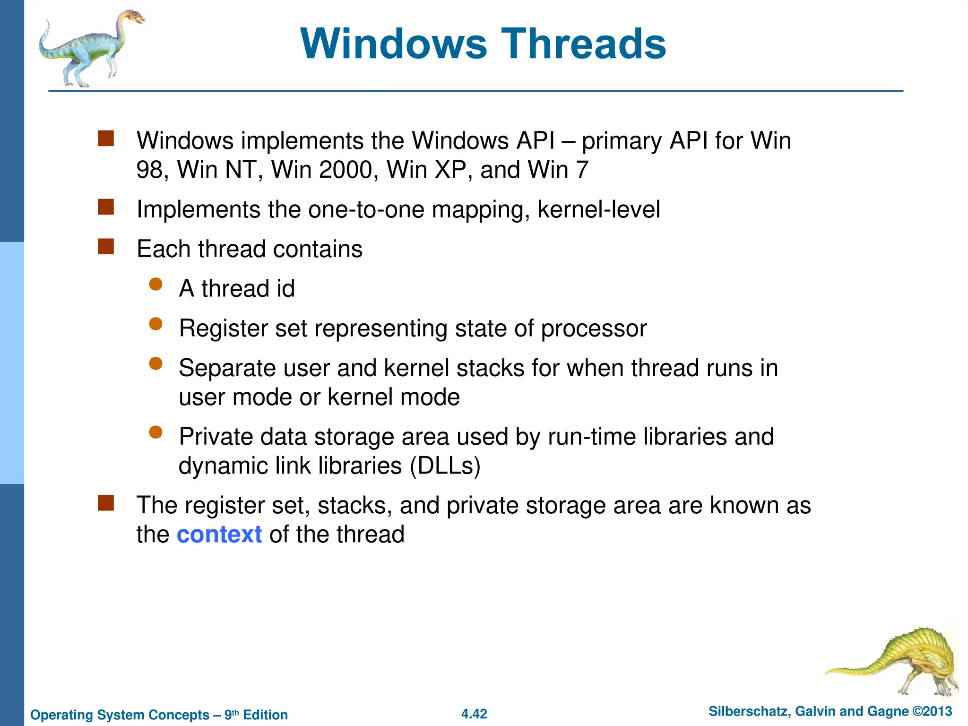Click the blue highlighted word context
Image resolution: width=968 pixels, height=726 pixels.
click(219, 535)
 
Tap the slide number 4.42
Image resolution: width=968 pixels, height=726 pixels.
click(474, 714)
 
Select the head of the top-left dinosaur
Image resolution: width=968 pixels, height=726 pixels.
click(134, 18)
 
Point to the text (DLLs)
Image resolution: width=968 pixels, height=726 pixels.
click(445, 466)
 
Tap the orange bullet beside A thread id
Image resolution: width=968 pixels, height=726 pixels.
click(156, 284)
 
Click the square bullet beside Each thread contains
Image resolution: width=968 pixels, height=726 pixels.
click(106, 246)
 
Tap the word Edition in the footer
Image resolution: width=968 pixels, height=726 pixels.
click(265, 715)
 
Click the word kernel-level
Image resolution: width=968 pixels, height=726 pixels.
click(598, 209)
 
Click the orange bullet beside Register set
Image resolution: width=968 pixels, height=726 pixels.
click(156, 324)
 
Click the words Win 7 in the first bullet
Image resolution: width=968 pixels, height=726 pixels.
click(558, 170)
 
